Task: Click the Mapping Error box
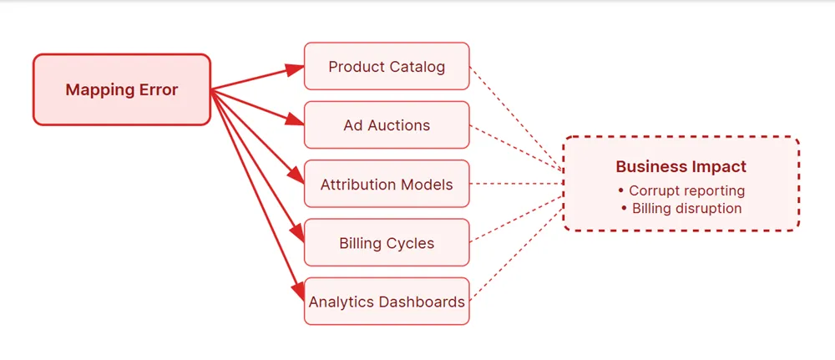[x=121, y=89]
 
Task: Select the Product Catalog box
[x=387, y=66]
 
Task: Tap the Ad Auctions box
[x=387, y=125]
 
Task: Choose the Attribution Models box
[x=387, y=184]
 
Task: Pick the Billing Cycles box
[x=387, y=243]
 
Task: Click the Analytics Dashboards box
[x=387, y=302]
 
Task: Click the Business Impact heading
[x=681, y=166]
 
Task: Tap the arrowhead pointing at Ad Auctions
[x=296, y=119]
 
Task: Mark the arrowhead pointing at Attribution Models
[x=296, y=176]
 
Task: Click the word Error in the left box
[x=159, y=89]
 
